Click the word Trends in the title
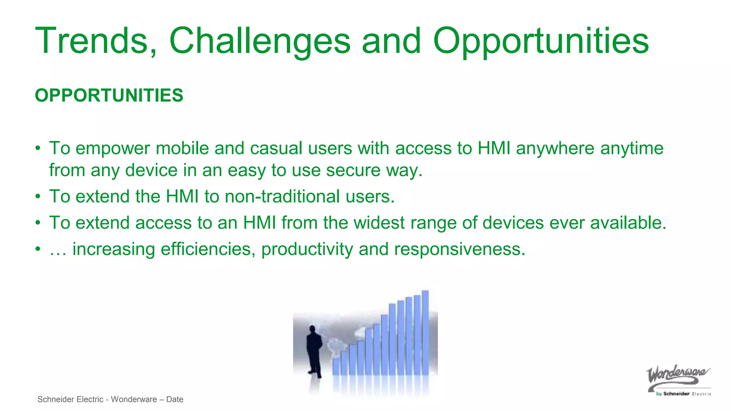[96, 41]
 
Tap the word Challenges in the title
[260, 41]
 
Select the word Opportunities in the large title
[541, 41]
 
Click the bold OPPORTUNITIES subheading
[109, 96]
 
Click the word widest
[379, 223]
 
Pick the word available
[628, 223]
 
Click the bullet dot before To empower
[38, 148]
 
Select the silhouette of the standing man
[314, 351]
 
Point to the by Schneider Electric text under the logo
[682, 394]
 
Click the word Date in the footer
[175, 400]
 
